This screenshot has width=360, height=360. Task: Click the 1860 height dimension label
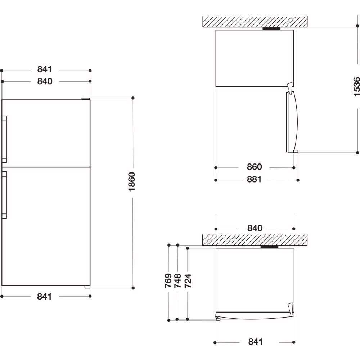(132, 181)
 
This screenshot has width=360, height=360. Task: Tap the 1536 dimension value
(356, 87)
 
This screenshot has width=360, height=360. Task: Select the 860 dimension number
(255, 167)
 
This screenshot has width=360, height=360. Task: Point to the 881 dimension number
(254, 179)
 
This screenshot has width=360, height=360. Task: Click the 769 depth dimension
(168, 280)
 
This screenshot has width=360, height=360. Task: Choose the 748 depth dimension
(178, 280)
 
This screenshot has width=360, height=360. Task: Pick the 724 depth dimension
(188, 280)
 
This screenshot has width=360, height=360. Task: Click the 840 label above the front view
(45, 81)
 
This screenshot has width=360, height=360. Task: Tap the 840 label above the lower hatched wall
(255, 228)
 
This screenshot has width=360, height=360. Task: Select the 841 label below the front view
(45, 297)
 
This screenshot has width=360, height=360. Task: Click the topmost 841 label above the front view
(45, 69)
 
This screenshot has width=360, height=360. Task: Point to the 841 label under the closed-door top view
(256, 342)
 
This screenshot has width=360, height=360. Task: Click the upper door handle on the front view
(4, 139)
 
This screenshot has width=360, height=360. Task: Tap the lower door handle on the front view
(4, 194)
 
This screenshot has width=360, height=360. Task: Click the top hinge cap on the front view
(86, 99)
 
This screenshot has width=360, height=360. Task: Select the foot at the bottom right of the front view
(87, 287)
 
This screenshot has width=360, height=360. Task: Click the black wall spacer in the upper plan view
(271, 29)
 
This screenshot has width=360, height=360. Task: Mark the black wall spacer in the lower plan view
(269, 247)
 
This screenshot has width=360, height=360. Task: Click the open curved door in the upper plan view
(292, 122)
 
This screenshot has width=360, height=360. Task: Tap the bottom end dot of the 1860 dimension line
(133, 288)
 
